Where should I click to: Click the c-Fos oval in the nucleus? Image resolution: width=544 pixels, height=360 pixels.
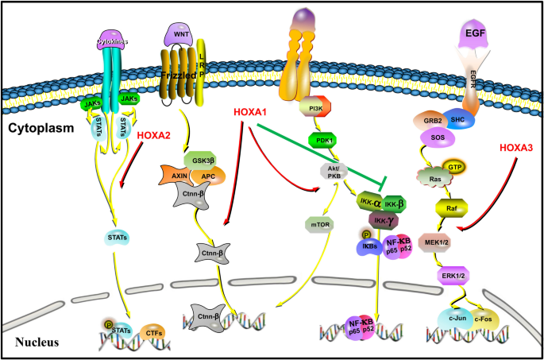pyautogui.click(x=485, y=319)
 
